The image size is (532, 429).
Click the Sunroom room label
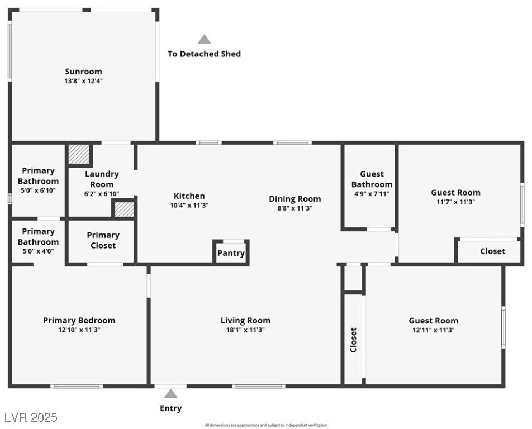click(83, 71)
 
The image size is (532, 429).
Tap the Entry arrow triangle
click(170, 394)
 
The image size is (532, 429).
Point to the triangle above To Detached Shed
click(205, 39)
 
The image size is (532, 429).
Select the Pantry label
click(231, 253)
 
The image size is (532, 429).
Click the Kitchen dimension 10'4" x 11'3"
click(189, 205)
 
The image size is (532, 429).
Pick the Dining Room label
click(295, 199)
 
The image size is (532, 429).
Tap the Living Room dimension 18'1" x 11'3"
click(245, 330)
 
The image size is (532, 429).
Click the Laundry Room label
click(102, 179)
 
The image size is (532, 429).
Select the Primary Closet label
click(103, 240)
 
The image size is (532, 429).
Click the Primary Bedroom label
click(79, 321)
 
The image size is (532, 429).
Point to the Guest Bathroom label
click(372, 179)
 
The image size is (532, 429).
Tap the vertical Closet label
click(353, 340)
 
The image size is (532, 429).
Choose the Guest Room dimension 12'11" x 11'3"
click(433, 330)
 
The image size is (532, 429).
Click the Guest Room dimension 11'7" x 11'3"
click(455, 202)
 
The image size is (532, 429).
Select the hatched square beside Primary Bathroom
click(78, 155)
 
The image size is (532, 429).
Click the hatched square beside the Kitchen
click(124, 209)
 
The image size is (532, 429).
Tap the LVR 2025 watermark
click(31, 417)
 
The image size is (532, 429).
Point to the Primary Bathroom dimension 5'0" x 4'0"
click(38, 251)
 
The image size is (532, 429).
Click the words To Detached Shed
click(205, 54)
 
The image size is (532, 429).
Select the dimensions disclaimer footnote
click(266, 425)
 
